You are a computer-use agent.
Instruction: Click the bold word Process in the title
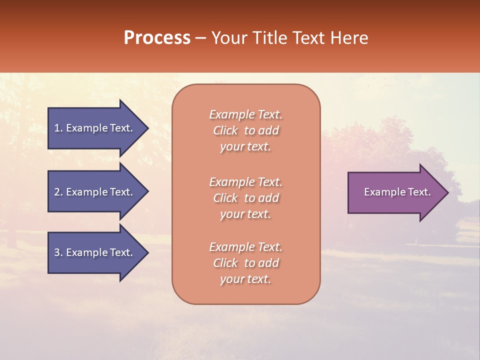pyautogui.click(x=157, y=38)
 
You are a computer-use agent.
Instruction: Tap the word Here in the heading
pyautogui.click(x=349, y=38)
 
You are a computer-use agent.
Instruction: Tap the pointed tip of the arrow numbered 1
pyautogui.click(x=147, y=128)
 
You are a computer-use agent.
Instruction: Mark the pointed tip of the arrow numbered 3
pyautogui.click(x=147, y=252)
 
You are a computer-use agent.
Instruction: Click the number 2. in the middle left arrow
pyautogui.click(x=58, y=192)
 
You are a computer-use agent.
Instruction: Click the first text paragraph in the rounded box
pyautogui.click(x=245, y=130)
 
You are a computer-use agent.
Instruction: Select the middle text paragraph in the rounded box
pyautogui.click(x=245, y=198)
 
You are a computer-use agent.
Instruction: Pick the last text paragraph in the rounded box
pyautogui.click(x=245, y=263)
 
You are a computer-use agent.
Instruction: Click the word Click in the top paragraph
pyautogui.click(x=225, y=131)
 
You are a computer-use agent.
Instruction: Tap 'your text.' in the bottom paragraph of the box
pyautogui.click(x=245, y=279)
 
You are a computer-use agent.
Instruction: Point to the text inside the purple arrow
pyautogui.click(x=397, y=192)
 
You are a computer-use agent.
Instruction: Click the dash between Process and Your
pyautogui.click(x=200, y=38)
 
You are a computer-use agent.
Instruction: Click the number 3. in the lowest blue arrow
pyautogui.click(x=58, y=252)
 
